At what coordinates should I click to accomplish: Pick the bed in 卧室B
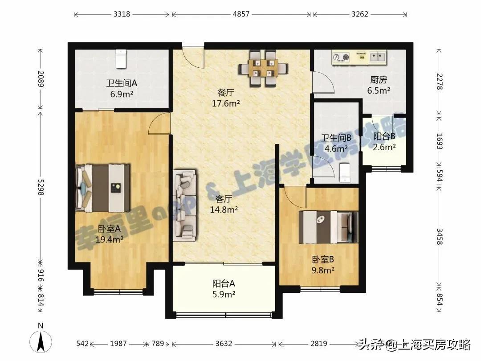[329, 227]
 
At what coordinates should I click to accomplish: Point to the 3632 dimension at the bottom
[224, 344]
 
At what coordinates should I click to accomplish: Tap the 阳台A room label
[224, 283]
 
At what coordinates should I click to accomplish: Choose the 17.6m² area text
[226, 103]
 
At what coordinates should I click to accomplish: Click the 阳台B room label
[384, 137]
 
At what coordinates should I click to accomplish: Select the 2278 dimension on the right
[440, 82]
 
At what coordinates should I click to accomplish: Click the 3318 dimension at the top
[122, 14]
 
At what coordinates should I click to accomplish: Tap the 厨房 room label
[378, 80]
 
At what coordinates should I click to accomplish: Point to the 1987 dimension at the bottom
[118, 344]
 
